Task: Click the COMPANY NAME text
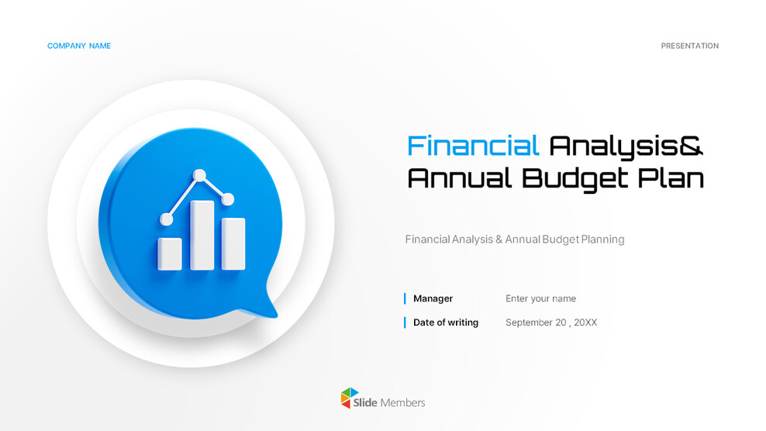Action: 79,47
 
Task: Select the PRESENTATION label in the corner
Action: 689,47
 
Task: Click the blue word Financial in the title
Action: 473,146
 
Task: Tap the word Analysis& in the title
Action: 626,146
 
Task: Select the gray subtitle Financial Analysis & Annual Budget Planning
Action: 514,240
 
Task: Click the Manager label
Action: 433,298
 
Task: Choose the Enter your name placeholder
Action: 540,298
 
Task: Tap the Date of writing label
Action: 446,322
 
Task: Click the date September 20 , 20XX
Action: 551,322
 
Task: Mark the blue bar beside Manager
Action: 405,298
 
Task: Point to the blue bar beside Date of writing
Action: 405,322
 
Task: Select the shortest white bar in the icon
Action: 170,253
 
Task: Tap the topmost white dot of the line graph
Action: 199,175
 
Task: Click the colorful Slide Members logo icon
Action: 350,398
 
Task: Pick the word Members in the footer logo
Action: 402,402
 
